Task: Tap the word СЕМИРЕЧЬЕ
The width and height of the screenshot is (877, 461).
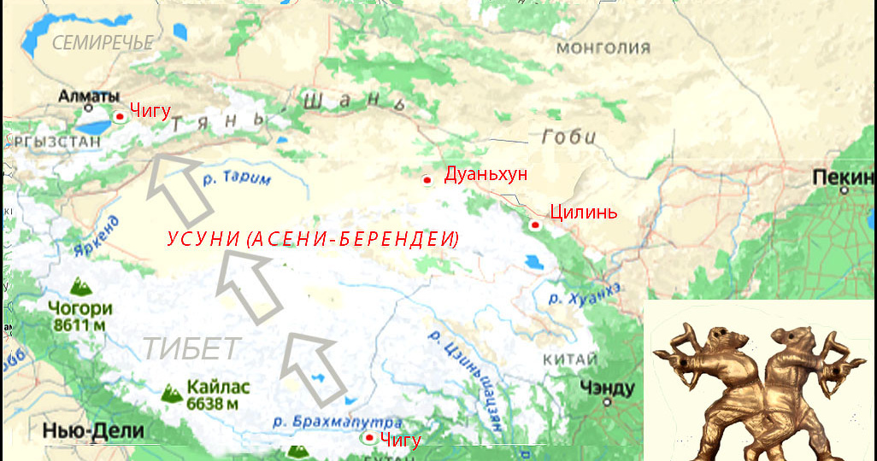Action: coord(103,42)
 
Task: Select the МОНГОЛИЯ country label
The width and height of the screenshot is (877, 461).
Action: coord(603,48)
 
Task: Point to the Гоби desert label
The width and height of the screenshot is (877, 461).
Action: coord(568,137)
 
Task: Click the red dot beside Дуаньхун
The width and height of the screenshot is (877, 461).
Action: coord(427,179)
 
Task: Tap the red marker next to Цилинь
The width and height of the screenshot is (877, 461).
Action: coord(534,225)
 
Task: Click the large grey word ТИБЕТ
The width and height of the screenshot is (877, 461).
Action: coord(191,348)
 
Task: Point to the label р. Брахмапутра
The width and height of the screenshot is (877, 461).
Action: coord(337,422)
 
